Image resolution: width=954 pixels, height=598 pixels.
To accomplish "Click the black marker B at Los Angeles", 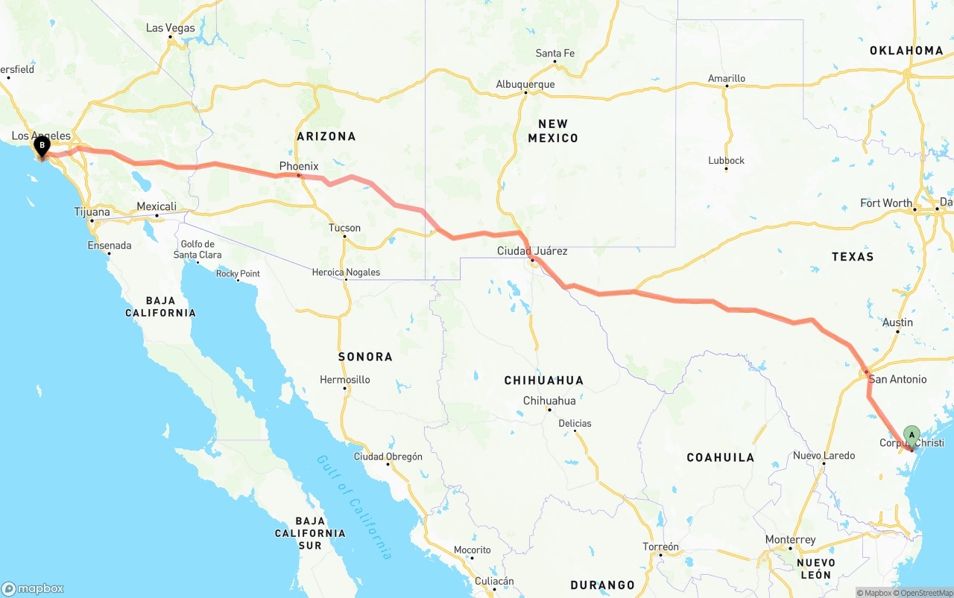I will pos(42,146).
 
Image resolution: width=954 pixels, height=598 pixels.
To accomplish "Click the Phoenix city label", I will pos(299,166).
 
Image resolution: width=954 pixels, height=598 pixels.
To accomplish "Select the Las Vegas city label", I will pos(170,28).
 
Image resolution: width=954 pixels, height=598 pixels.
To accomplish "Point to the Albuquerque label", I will pos(525,84).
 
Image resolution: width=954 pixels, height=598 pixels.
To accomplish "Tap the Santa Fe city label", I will pos(555,54).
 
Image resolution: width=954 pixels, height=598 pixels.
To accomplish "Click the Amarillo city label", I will pos(726,78).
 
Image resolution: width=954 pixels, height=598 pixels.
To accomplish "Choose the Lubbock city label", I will pos(726,160).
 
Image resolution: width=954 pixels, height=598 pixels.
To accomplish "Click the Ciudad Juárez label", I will pos(532,251).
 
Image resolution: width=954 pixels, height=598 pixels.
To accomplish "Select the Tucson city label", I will pos(344,228).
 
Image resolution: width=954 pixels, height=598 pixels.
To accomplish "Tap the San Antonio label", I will pos(897,379).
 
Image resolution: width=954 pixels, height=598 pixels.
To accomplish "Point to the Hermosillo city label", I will pos(345,380).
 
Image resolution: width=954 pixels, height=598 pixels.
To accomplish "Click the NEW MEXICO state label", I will pos(553,131).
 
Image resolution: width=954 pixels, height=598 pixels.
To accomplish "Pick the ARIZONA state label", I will pos(326,136).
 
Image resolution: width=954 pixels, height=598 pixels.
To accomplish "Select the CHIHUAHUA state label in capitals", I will pos(544,381).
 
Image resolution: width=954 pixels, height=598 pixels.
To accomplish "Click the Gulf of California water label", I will pos(354,506).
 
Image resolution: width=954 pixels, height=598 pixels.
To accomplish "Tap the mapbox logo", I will pos(33,588).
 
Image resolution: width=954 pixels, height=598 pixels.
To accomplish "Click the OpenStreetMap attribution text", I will pos(926,593).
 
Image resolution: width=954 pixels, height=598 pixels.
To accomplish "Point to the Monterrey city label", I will pos(790,540).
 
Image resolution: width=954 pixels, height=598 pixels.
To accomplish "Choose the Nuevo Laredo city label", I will pos(824,456).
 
